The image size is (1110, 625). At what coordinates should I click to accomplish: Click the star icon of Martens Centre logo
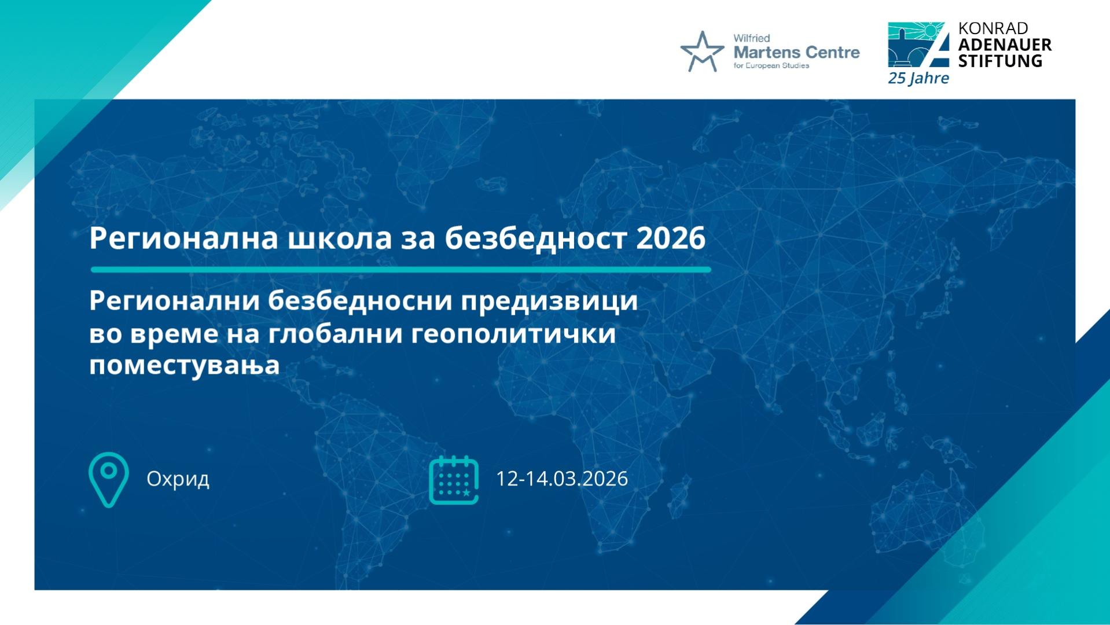coord(702,52)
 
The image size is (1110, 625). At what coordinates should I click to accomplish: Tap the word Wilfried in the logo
coord(751,38)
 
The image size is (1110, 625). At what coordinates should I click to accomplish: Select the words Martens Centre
coord(796,53)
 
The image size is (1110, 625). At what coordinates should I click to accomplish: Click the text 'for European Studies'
coord(771,65)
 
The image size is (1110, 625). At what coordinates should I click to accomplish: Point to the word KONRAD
coord(993,28)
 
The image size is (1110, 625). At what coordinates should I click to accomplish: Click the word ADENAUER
coord(1005,45)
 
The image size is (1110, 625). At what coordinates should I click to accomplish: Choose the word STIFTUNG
coord(1000,61)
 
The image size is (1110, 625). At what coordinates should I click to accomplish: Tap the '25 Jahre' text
coord(918,78)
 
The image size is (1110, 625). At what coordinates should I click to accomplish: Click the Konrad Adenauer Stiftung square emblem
coord(918,45)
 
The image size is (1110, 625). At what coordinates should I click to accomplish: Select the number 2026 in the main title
coord(671,238)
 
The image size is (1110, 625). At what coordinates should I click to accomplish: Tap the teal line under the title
coord(400,270)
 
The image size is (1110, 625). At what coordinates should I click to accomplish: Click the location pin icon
coord(108,480)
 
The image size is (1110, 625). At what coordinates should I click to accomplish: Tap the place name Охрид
coord(178,479)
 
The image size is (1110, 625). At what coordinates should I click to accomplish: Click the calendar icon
coord(454,480)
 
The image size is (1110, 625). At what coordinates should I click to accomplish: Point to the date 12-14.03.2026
coord(562,479)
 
